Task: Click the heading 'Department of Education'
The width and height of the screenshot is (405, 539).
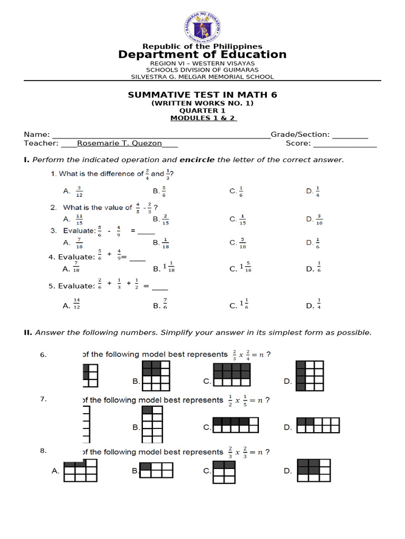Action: point(202,55)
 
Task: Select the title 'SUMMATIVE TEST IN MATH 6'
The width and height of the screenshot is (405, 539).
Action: point(202,95)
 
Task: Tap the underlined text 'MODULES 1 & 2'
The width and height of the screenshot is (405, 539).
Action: point(202,118)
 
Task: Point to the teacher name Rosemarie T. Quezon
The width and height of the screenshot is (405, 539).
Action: point(120,143)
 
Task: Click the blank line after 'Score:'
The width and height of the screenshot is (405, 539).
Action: point(345,144)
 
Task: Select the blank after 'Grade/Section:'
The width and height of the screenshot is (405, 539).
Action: point(350,135)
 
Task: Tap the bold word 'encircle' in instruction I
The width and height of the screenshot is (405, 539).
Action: point(197,159)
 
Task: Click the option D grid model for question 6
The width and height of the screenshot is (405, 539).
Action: point(309,376)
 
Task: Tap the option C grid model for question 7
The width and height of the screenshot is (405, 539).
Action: point(236,425)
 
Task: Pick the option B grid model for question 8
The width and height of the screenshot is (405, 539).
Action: point(156,470)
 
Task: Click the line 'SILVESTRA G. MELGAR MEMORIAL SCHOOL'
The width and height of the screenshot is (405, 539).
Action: point(202,77)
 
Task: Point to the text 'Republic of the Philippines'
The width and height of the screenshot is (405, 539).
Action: point(202,47)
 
